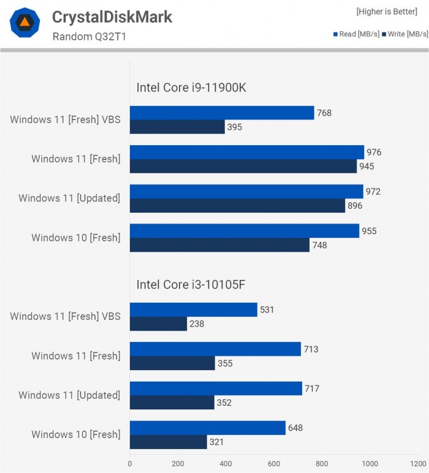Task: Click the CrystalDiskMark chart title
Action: coord(112,17)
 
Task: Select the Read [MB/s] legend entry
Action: coord(355,34)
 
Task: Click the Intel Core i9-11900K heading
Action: coord(191,88)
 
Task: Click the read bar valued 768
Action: coord(221,113)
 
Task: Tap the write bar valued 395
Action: coord(177,127)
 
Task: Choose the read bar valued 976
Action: coord(247,152)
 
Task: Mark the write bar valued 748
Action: coord(219,245)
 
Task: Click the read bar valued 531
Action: coord(193,309)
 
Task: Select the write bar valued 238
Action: coord(158,324)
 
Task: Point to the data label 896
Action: coord(355,206)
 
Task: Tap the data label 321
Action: coord(217,442)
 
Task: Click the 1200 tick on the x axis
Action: coord(419,464)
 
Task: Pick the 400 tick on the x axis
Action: coord(226,464)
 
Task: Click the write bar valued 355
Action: coord(172,363)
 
